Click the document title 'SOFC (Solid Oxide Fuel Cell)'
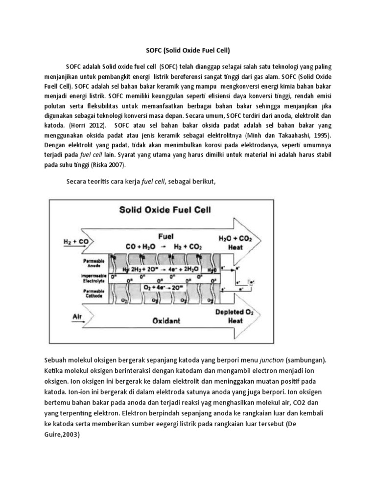(188, 50)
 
